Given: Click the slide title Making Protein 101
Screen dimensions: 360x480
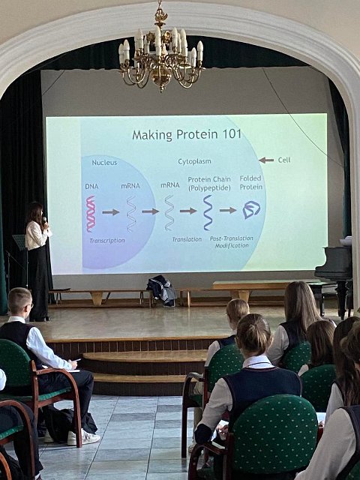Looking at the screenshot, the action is (x=187, y=134).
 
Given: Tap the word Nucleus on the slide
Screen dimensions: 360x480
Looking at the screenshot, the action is (x=104, y=163).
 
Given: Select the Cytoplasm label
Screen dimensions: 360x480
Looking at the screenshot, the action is (x=195, y=161).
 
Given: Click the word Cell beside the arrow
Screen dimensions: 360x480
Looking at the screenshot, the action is (x=284, y=160).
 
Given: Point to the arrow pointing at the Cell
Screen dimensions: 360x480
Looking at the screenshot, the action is (x=266, y=160).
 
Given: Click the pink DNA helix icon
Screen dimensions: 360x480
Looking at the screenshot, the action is (x=91, y=214).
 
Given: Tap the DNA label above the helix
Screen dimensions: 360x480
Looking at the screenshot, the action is (x=91, y=186).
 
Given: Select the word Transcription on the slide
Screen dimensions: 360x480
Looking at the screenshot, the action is (x=107, y=241).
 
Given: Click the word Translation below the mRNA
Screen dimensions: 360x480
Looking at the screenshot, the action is (x=187, y=239).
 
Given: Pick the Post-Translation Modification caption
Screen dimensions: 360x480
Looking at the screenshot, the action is (x=232, y=241).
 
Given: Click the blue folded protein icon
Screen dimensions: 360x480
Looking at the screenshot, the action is (x=251, y=210).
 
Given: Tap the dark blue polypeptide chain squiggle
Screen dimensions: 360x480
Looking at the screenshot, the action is (x=208, y=212).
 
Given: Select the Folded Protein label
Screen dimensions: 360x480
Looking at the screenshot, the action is (x=251, y=182).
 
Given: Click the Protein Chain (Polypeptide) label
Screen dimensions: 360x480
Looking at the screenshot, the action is (x=209, y=184).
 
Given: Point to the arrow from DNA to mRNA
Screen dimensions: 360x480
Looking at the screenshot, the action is (x=111, y=212).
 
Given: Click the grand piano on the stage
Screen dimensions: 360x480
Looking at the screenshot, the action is (x=334, y=275).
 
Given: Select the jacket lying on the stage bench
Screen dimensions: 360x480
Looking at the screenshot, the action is (x=162, y=290).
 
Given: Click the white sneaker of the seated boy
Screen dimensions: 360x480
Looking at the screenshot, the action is (x=84, y=437).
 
